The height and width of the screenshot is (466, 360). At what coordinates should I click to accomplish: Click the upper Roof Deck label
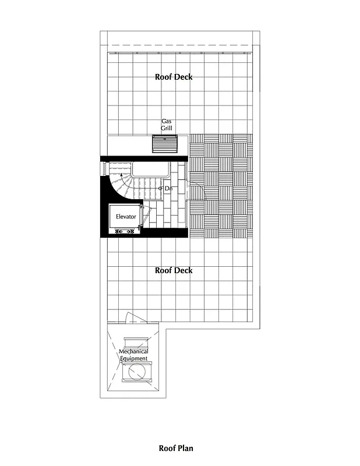click(x=174, y=77)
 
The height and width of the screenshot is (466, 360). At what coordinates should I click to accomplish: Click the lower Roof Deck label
click(x=174, y=270)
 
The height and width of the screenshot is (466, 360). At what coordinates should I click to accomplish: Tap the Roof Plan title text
click(x=176, y=448)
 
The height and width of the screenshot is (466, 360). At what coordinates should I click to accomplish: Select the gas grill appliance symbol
click(x=165, y=143)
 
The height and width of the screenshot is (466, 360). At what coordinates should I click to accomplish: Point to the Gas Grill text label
click(x=167, y=125)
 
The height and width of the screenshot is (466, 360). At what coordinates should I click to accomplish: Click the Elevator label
click(x=126, y=217)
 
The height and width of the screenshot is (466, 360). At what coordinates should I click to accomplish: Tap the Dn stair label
click(x=168, y=188)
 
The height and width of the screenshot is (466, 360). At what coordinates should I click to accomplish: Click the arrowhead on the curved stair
click(x=121, y=174)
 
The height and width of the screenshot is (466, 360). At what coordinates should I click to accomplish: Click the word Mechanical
click(x=133, y=351)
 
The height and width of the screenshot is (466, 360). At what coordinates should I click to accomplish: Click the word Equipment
click(x=133, y=358)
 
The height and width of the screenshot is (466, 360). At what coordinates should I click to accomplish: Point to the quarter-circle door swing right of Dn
click(x=197, y=192)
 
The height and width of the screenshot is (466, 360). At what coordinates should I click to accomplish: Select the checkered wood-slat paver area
click(x=221, y=186)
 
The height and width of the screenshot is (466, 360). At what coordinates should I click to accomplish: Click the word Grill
click(x=167, y=128)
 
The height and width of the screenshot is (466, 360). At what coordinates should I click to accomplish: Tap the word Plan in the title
click(x=186, y=448)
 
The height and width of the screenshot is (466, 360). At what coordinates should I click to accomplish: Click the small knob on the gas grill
click(x=165, y=139)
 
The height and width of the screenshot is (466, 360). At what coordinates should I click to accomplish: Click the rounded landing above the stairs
click(x=151, y=170)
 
